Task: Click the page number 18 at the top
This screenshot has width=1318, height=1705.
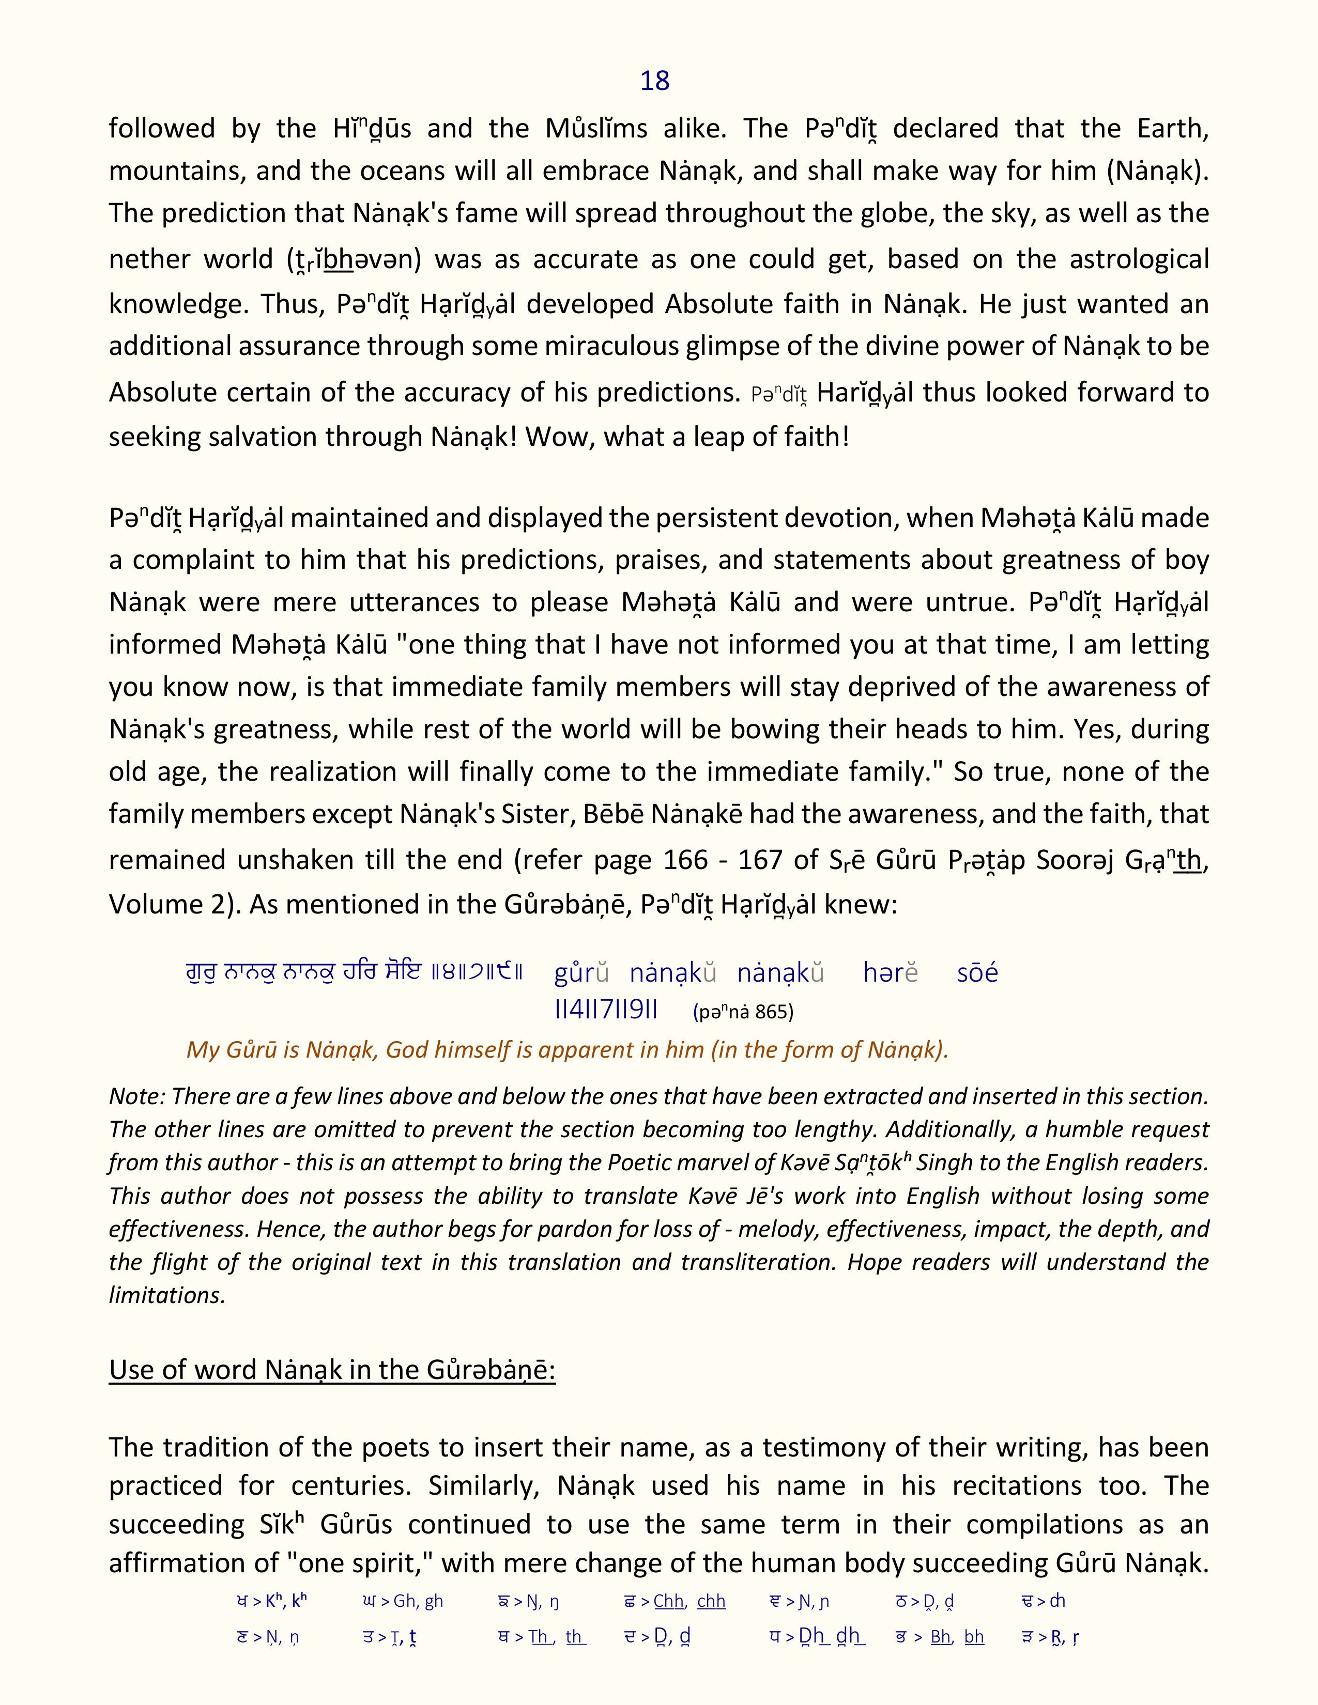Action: point(654,81)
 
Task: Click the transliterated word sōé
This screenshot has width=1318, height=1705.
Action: point(977,973)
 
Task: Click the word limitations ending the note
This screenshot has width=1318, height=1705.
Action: point(166,1295)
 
